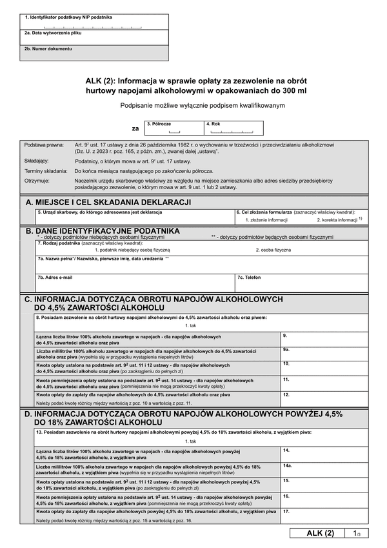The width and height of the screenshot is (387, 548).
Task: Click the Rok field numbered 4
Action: click(x=233, y=130)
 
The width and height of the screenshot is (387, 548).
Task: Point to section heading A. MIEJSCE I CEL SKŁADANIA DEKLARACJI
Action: click(x=108, y=203)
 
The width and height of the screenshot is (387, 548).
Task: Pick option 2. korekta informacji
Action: click(x=339, y=219)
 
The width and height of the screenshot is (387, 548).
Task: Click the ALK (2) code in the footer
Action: click(x=320, y=533)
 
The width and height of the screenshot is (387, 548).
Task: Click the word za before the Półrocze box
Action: click(x=135, y=128)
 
